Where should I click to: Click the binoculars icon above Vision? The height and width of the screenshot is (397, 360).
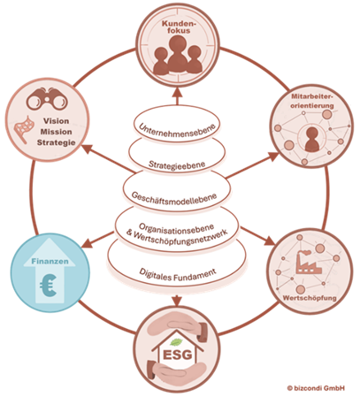pos(47,99)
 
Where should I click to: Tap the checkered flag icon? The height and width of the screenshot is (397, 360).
pos(24,129)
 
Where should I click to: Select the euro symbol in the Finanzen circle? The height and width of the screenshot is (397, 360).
pos(48,286)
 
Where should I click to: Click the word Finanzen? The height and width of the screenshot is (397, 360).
pos(50,261)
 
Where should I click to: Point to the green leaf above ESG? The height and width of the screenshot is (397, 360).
pos(176,342)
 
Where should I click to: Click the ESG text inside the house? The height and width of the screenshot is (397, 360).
pos(177,355)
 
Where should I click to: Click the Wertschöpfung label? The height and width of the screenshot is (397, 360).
pos(310,298)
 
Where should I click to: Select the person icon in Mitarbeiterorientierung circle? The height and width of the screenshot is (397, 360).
pos(312,140)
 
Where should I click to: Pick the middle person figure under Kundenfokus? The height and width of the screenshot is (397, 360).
pos(178,53)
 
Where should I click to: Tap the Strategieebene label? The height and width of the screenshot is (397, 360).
pos(177,164)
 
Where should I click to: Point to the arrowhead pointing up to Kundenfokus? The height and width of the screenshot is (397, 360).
pos(177,92)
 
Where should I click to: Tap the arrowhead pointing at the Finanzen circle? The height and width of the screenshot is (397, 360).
pos(86,243)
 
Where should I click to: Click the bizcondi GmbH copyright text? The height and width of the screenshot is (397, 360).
pos(316,388)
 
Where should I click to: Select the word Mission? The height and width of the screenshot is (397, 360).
pos(56,132)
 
